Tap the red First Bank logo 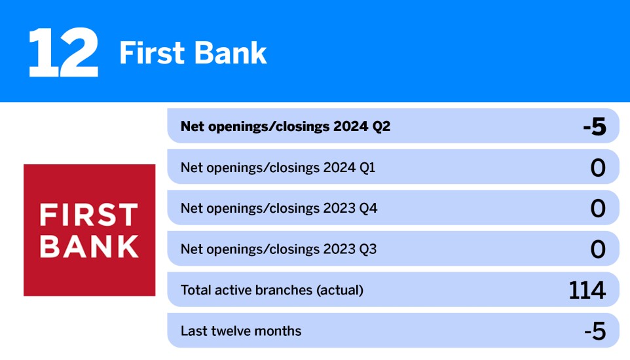(x=89, y=230)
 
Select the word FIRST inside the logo (x=89, y=215)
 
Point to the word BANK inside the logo (x=89, y=245)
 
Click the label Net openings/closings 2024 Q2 (x=285, y=126)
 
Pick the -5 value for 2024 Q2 (x=594, y=127)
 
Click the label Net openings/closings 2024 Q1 (x=278, y=168)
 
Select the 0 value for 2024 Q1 (x=597, y=168)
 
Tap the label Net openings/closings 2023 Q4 (x=279, y=209)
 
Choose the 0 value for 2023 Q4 (x=597, y=209)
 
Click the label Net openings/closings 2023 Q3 (x=278, y=249)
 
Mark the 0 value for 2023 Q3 (x=597, y=250)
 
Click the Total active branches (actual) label (x=272, y=290)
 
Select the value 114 (x=587, y=291)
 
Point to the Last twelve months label (x=241, y=331)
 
